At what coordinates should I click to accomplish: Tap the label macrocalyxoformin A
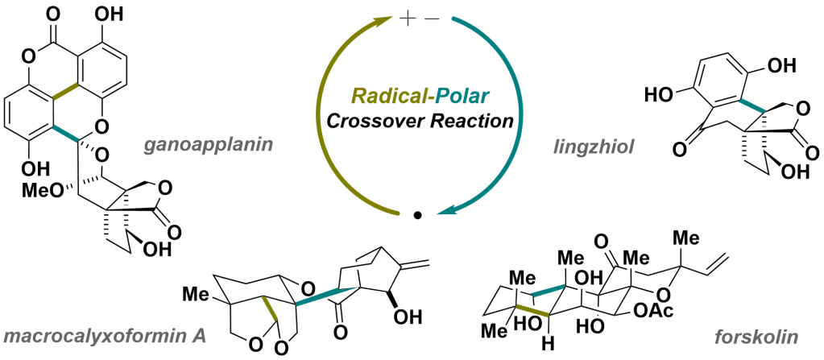(104, 333)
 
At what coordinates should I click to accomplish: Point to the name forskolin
(766, 333)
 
